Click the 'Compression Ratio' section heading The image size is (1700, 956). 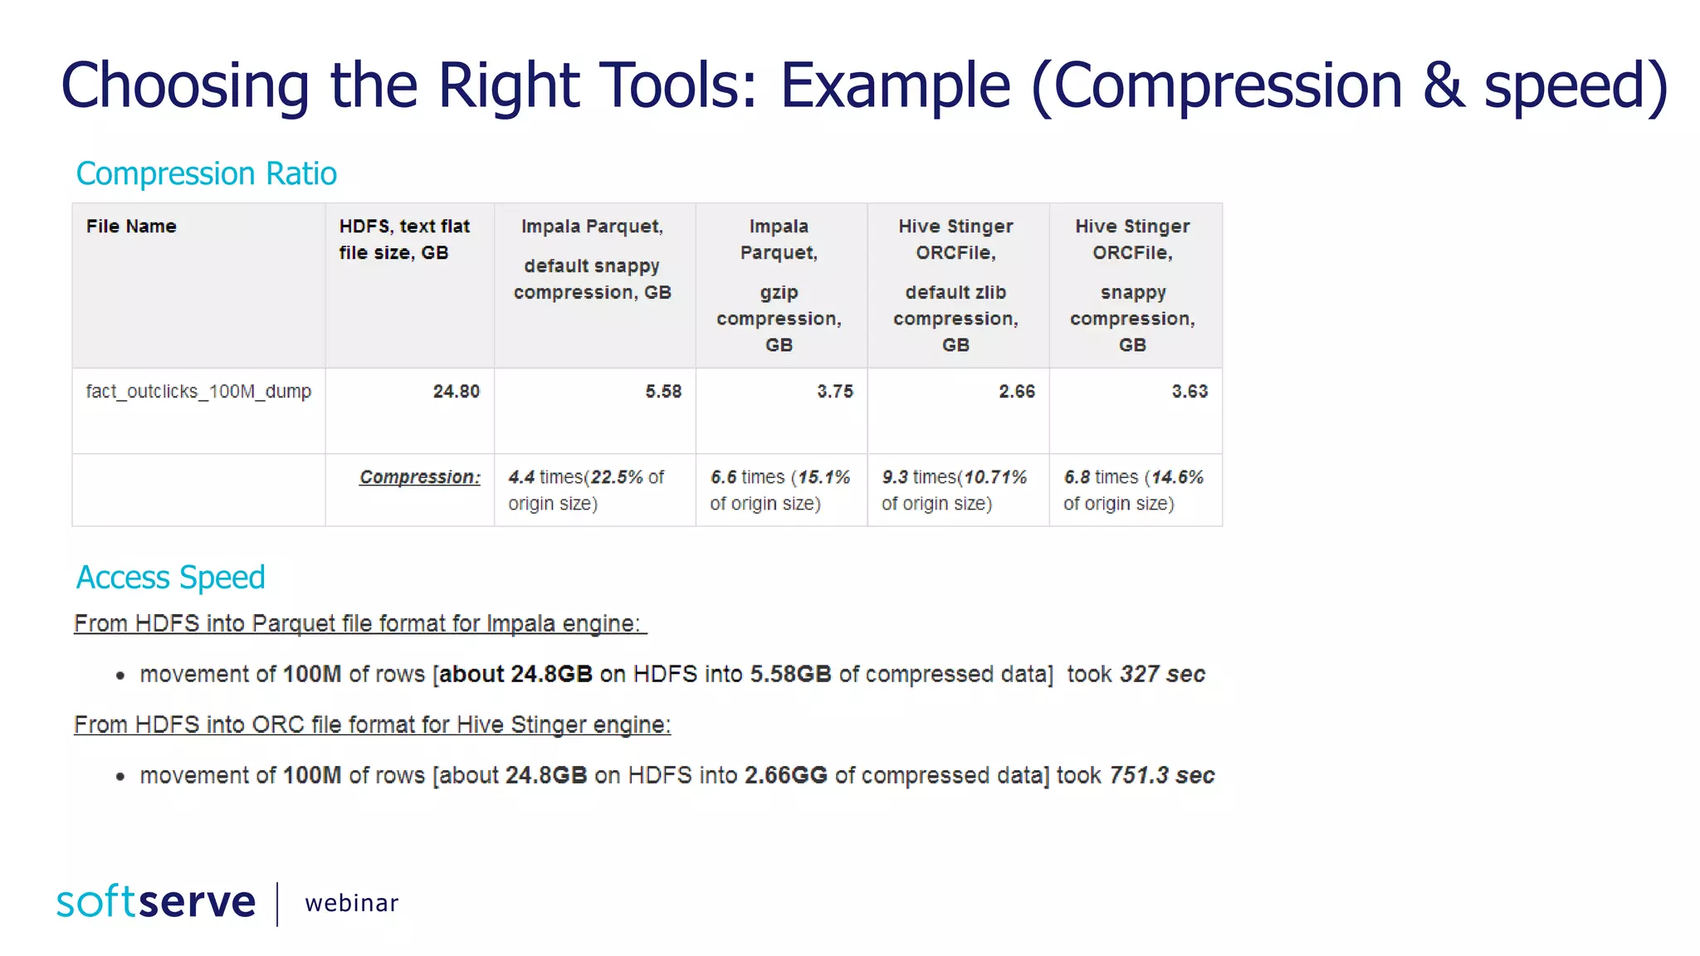tap(206, 173)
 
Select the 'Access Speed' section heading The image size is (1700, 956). tap(170, 578)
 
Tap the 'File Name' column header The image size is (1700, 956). tap(131, 227)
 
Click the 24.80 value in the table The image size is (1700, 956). tap(456, 392)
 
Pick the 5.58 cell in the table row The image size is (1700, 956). tap(663, 392)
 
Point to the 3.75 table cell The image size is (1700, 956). tap(834, 392)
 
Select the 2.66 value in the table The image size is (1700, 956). tap(1017, 392)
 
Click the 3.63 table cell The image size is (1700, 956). tap(1190, 392)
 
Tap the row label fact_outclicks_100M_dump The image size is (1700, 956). tap(198, 392)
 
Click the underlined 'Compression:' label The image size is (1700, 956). tap(419, 477)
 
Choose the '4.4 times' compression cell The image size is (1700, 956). tap(586, 490)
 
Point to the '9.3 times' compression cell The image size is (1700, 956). tap(954, 490)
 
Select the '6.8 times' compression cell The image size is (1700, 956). tap(1133, 490)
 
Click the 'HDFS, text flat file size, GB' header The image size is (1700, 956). tap(404, 239)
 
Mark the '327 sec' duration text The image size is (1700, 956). tap(1162, 674)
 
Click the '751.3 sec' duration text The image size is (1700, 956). tap(1161, 775)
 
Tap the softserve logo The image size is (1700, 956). tap(156, 902)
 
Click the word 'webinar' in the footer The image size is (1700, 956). tap(351, 903)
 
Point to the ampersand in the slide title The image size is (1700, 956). tap(1443, 85)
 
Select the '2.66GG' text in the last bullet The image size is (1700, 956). tap(785, 775)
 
